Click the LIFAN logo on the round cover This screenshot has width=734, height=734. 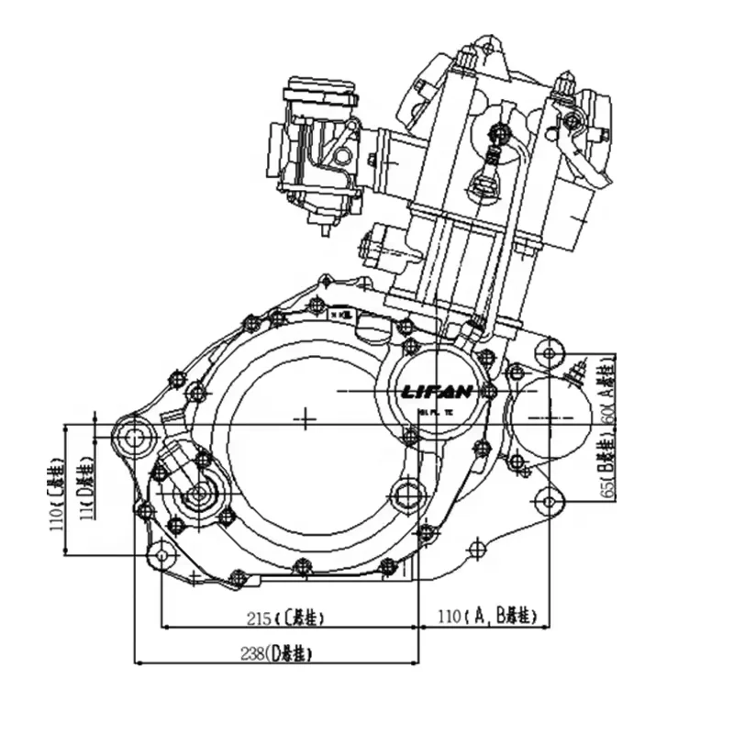[438, 392]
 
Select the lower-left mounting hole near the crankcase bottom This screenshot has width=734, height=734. [162, 553]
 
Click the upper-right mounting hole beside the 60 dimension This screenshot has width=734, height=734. [549, 352]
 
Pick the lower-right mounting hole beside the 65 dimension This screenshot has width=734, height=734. [549, 501]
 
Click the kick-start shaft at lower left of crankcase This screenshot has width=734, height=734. [196, 496]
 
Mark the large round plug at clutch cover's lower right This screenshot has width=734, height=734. [406, 495]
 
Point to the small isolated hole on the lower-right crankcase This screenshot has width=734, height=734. [474, 549]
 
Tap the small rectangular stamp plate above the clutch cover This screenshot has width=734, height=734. [345, 314]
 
